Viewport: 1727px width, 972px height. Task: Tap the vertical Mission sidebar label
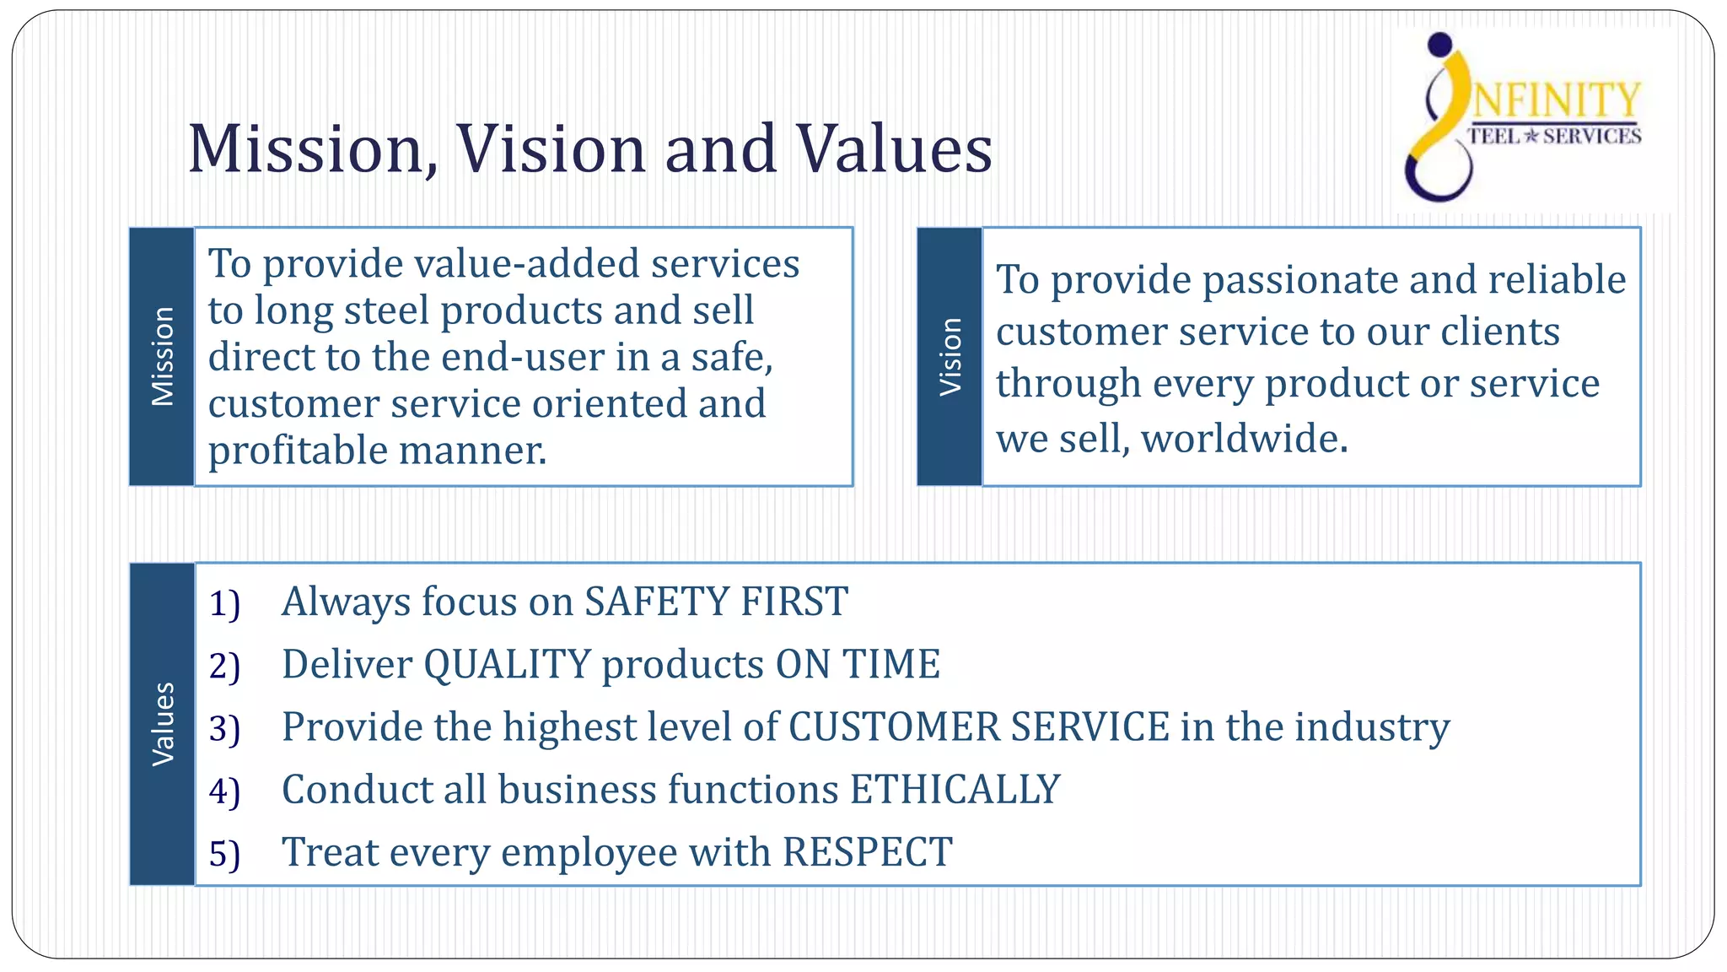tap(162, 356)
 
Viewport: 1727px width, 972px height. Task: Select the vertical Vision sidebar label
tap(950, 356)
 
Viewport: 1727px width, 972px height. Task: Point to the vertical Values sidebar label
tap(162, 724)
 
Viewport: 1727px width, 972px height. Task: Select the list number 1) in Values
tap(224, 604)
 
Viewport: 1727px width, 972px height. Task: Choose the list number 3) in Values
tap(224, 729)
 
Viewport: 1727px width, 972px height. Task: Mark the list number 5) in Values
tap(224, 854)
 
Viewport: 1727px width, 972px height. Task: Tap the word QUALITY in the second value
tap(507, 665)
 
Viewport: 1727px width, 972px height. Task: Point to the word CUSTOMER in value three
tap(895, 727)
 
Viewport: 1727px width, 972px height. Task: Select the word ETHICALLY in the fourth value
tap(955, 790)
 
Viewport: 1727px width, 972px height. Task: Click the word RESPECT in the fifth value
tap(868, 852)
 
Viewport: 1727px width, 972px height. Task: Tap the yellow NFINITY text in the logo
tap(1557, 101)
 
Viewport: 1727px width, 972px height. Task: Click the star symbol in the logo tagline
tap(1532, 136)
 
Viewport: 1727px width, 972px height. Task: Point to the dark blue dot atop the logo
tap(1441, 44)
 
